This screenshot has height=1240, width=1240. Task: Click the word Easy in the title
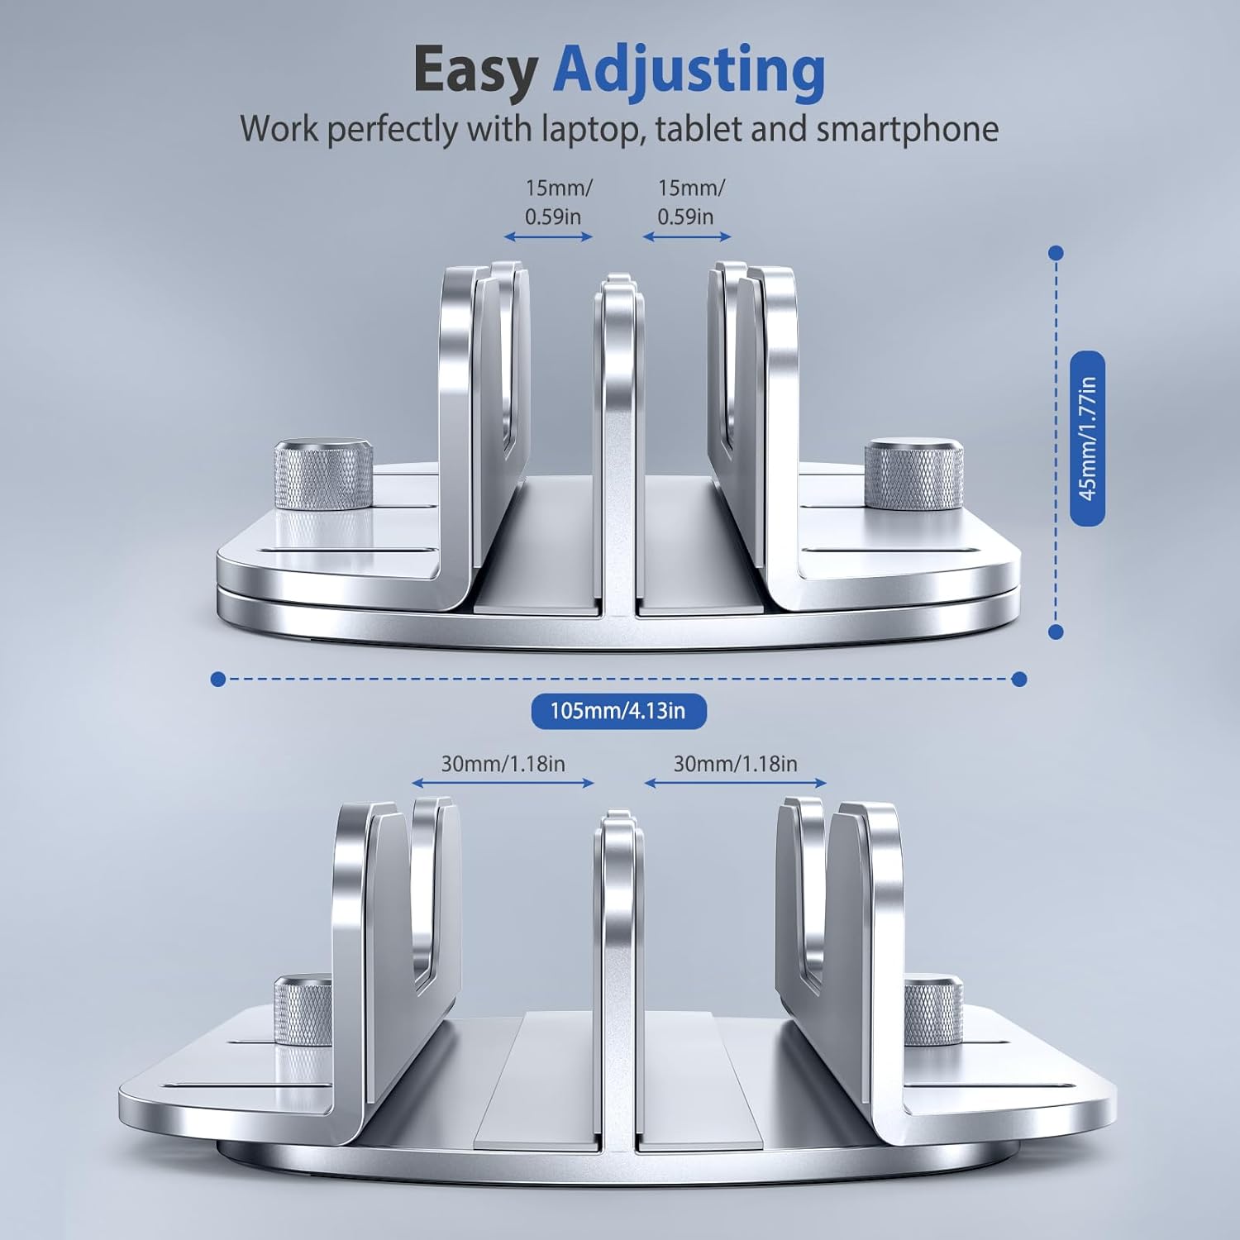475,72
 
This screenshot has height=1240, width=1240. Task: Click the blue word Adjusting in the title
689,72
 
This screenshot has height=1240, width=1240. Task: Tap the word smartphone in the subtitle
907,130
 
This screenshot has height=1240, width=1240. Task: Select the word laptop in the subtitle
590,129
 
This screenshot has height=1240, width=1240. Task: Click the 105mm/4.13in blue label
618,710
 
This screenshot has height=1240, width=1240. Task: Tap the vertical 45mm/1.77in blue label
1087,438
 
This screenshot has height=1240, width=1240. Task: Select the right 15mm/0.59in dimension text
691,202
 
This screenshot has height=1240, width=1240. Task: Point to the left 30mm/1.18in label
503,763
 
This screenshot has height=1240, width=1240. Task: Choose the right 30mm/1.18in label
735,763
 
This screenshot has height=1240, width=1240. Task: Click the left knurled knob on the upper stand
323,475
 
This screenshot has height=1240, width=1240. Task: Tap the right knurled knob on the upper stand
913,473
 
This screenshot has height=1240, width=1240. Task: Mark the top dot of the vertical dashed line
1055,253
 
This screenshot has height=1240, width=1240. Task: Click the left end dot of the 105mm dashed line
218,679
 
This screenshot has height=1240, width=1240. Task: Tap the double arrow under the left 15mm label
549,237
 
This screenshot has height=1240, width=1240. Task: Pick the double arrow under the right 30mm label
735,783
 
